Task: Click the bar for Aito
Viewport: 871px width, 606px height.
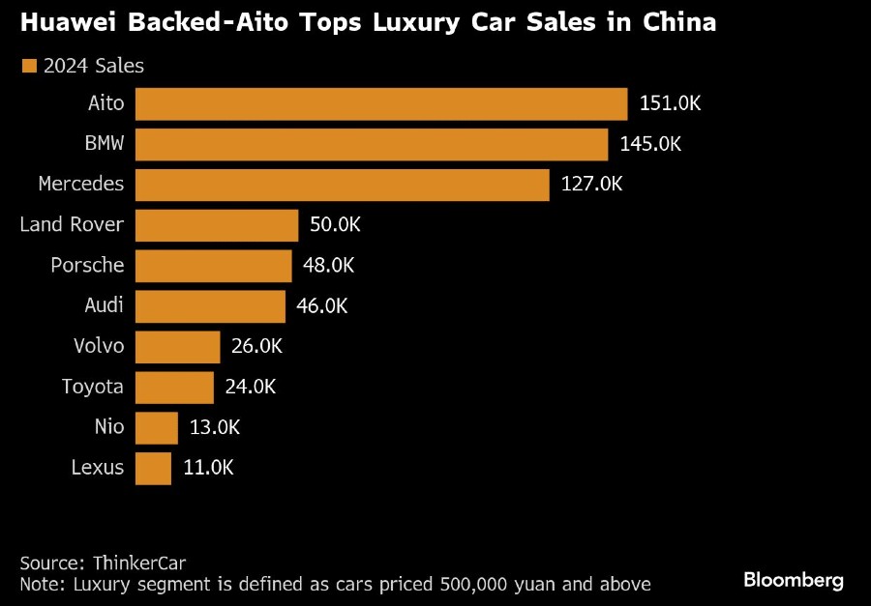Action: pos(381,104)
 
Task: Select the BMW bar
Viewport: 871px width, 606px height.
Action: pos(372,145)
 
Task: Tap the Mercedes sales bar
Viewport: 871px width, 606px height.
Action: pos(343,185)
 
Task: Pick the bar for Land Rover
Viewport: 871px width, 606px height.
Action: pos(217,225)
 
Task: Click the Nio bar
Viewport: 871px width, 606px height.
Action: pos(157,427)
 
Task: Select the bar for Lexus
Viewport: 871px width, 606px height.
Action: pos(153,468)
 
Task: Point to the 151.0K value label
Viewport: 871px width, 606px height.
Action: pos(670,104)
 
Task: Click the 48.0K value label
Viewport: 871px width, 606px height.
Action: pos(329,266)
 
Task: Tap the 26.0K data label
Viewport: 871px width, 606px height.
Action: pos(257,346)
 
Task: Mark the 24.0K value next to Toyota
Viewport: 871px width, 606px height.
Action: pos(250,387)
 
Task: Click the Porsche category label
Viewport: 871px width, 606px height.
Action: pos(87,266)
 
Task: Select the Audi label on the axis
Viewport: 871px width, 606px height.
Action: pos(105,305)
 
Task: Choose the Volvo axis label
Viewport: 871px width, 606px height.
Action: pos(99,346)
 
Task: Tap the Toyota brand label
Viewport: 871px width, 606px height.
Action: pos(93,387)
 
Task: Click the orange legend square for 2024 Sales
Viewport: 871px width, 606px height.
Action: pos(28,66)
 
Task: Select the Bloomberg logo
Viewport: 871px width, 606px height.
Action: pos(794,581)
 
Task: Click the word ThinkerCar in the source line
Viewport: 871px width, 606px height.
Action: pos(139,563)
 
